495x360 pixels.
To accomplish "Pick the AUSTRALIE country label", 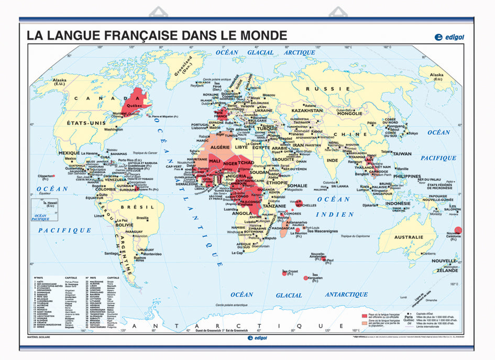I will (408, 237).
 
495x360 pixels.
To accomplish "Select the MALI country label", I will (214, 161).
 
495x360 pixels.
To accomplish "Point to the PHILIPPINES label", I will (414, 177).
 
